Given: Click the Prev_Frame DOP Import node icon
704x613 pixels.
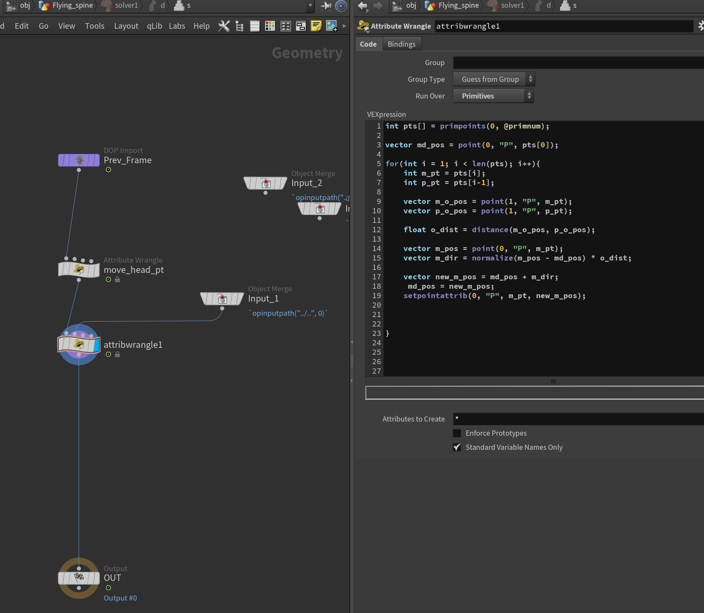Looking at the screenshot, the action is pyautogui.click(x=79, y=160).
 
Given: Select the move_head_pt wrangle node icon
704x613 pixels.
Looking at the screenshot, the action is pyautogui.click(x=79, y=269).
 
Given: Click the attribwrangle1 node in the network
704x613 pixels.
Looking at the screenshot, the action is pyautogui.click(x=79, y=344).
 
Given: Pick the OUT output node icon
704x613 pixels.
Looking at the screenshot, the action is pyautogui.click(x=79, y=578).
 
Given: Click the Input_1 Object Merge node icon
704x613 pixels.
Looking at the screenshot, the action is pyautogui.click(x=222, y=298).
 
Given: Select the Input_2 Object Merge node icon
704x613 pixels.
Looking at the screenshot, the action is pyautogui.click(x=266, y=183).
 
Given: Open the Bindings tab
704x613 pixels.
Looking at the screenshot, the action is pyautogui.click(x=401, y=44).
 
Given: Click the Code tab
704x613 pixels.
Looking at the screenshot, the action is pyautogui.click(x=368, y=44).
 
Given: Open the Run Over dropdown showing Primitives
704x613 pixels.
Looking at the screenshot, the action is pyautogui.click(x=493, y=96).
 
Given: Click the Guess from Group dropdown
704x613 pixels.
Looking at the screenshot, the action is pyautogui.click(x=494, y=79).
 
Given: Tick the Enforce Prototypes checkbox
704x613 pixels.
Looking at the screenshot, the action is pyautogui.click(x=457, y=433).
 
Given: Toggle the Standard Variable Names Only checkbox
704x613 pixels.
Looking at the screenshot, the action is pyautogui.click(x=457, y=447).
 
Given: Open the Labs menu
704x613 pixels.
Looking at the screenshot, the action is pyautogui.click(x=177, y=26).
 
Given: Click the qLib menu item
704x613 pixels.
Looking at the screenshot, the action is pyautogui.click(x=154, y=26).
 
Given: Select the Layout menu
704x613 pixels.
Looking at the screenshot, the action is pyautogui.click(x=126, y=26).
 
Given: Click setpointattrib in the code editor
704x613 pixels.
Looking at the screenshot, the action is pyautogui.click(x=435, y=296).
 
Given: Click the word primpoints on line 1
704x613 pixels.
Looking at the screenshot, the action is pyautogui.click(x=463, y=126).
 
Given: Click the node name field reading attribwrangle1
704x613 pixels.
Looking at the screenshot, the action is pyautogui.click(x=564, y=26).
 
